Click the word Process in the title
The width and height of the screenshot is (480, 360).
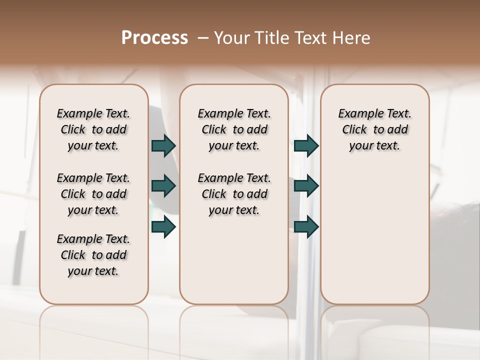(x=154, y=37)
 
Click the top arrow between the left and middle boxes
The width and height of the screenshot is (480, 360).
(x=164, y=145)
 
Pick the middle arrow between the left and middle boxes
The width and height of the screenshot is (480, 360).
(x=164, y=186)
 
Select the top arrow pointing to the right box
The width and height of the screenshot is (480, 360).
(x=306, y=145)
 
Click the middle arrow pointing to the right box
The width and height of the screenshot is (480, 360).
(x=306, y=186)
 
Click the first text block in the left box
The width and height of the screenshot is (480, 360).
(x=93, y=129)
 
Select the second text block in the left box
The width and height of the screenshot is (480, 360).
(x=93, y=194)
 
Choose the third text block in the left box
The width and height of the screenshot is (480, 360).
(x=93, y=255)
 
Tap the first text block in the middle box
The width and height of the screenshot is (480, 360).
(x=234, y=129)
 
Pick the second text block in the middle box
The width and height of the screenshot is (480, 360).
(x=234, y=194)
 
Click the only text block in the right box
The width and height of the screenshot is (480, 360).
(x=374, y=129)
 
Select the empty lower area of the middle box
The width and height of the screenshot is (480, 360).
(x=234, y=260)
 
